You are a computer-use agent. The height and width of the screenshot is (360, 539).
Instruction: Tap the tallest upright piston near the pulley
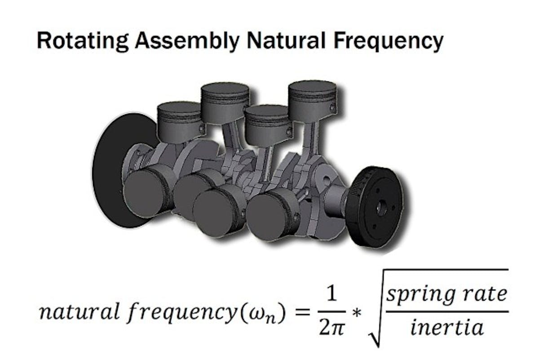tap(312, 101)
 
